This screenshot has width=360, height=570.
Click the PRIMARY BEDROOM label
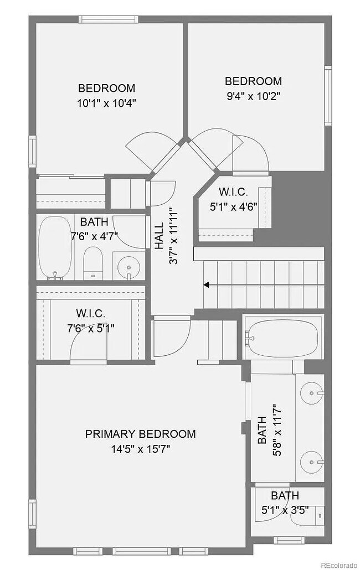click(x=140, y=434)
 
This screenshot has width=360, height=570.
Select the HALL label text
click(x=159, y=235)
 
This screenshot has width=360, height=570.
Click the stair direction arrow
click(x=206, y=285)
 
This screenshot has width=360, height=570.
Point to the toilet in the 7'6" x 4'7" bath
click(x=92, y=263)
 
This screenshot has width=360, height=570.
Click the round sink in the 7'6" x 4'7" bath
click(x=129, y=267)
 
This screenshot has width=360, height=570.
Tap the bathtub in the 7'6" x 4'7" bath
click(x=55, y=248)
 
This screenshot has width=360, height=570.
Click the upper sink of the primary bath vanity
click(x=312, y=393)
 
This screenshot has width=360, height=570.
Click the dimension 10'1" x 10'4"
click(x=106, y=102)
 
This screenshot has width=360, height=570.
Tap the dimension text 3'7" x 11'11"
click(x=173, y=235)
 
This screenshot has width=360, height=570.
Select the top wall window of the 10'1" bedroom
click(x=107, y=19)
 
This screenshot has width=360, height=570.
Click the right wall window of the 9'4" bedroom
click(x=328, y=95)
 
